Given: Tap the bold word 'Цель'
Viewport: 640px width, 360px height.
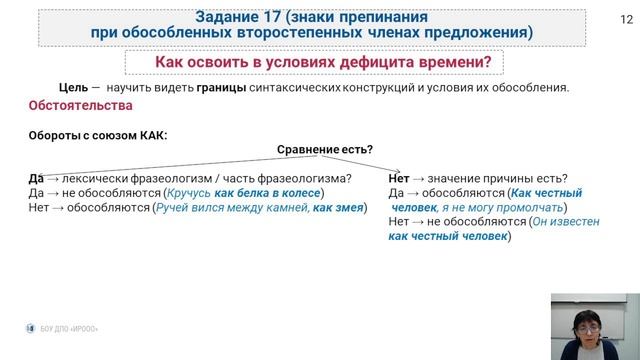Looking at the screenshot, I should tap(74, 87).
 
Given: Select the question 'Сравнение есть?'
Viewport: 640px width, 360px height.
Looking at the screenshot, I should tap(325, 149).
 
